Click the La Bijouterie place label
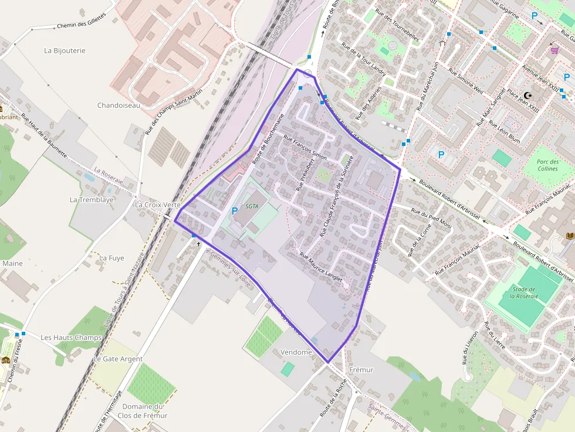(x=65, y=50)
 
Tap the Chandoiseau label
(x=119, y=106)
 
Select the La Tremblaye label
(x=92, y=199)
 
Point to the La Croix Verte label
(x=157, y=205)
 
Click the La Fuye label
(x=111, y=258)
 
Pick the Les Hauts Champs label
(x=71, y=338)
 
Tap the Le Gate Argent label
(x=118, y=359)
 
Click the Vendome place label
(x=296, y=352)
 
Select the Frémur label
(x=361, y=370)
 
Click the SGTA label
(x=252, y=206)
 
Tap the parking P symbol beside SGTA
(x=235, y=211)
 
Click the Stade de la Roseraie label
(x=523, y=292)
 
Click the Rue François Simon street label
(x=305, y=147)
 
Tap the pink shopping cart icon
(x=554, y=50)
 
